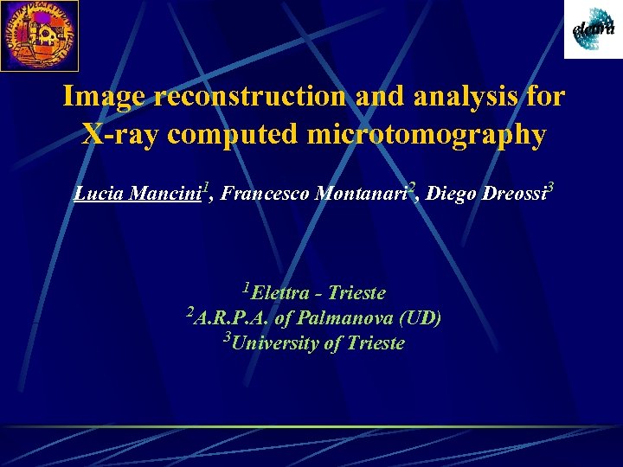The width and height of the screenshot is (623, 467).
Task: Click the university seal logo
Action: coord(39,35)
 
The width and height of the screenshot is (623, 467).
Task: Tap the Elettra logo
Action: coord(593,30)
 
